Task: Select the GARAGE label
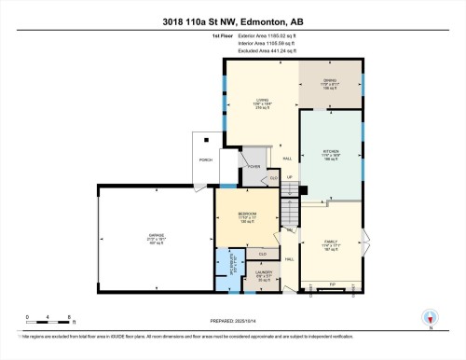click(156, 235)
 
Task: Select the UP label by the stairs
click(290, 176)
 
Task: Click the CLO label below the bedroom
click(263, 253)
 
